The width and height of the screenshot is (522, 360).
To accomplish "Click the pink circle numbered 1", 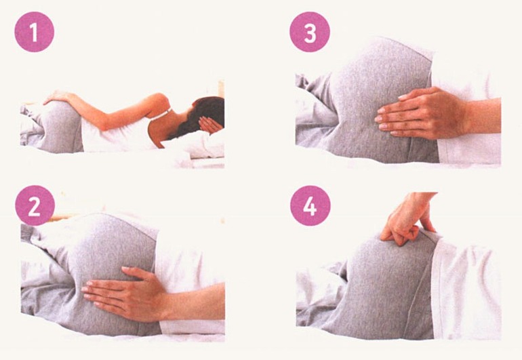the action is pyautogui.click(x=34, y=32).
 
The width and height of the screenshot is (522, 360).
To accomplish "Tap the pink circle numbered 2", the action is pyautogui.click(x=35, y=205).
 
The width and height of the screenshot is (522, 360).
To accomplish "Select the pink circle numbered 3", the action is pyautogui.click(x=310, y=32).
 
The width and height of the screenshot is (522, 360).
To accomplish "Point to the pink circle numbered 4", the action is pyautogui.click(x=310, y=205).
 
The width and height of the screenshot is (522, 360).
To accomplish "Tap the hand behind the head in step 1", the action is pyautogui.click(x=209, y=125).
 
